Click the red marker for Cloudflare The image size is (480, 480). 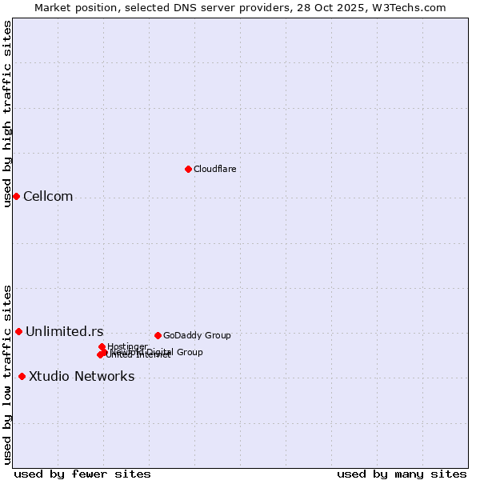(188, 169)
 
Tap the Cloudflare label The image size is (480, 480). (214, 169)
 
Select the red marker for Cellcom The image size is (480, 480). (16, 196)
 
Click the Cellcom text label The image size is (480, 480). (48, 197)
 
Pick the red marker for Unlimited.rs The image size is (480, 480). (18, 331)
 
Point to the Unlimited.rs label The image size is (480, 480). (64, 332)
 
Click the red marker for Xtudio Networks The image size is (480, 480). (22, 376)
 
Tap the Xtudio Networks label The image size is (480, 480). (82, 377)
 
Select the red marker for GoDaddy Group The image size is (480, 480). (158, 335)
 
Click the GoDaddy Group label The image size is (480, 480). (197, 335)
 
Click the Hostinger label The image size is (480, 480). (127, 346)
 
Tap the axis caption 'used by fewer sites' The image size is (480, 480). (82, 474)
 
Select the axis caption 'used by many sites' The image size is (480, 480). (402, 474)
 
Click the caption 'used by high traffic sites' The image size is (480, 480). (7, 114)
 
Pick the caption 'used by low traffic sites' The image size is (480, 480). (7, 374)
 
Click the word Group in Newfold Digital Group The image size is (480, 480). (189, 352)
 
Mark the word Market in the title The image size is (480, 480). (52, 7)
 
